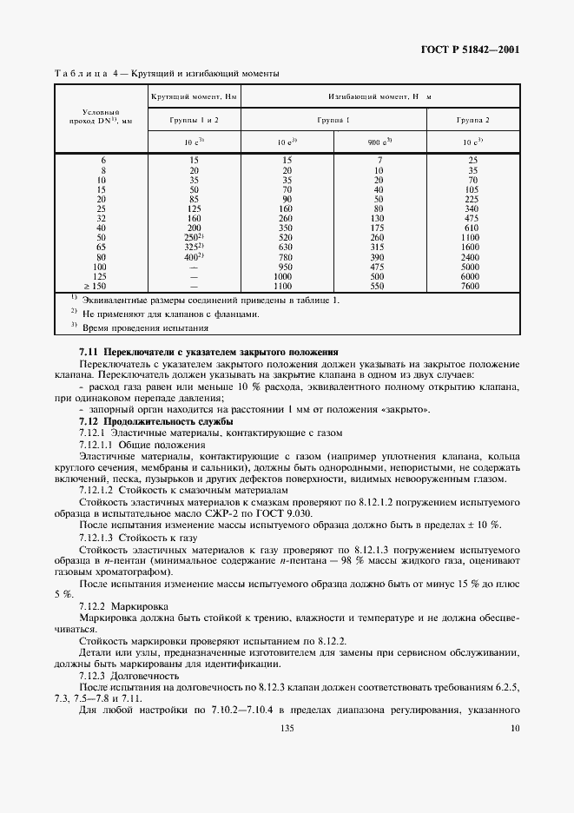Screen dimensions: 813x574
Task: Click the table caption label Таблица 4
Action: tap(89, 74)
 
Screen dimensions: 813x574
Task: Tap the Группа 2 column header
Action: tap(472, 119)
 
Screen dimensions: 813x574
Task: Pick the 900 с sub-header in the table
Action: tap(380, 141)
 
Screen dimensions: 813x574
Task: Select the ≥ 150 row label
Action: tap(101, 285)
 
